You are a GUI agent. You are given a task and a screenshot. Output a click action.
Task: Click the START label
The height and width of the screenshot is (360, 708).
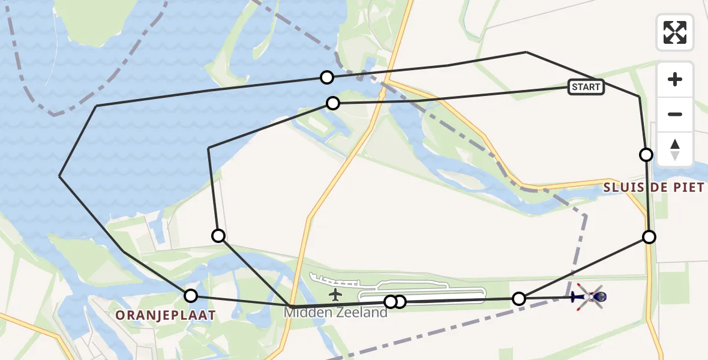586,87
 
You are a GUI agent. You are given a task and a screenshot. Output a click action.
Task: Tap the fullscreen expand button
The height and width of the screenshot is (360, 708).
675,32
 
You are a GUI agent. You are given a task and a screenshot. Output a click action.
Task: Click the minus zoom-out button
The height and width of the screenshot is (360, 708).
675,114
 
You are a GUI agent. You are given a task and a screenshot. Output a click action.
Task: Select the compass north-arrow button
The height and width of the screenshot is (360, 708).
675,149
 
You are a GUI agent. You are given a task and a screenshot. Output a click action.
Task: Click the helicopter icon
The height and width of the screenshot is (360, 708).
590,296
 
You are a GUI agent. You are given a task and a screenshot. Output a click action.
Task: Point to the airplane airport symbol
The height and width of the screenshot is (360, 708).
335,295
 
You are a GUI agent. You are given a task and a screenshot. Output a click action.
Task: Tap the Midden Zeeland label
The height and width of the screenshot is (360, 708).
335,313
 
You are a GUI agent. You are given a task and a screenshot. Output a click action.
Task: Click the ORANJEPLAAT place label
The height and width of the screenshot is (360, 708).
165,315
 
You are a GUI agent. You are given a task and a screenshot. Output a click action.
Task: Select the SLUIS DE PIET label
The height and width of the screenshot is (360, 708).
653,188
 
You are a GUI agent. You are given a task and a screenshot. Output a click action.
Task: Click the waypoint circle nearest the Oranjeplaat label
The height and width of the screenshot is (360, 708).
190,295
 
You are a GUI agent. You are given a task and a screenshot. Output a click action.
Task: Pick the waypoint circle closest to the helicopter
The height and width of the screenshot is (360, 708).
519,298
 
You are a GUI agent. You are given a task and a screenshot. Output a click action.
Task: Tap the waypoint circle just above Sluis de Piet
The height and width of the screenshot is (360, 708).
646,155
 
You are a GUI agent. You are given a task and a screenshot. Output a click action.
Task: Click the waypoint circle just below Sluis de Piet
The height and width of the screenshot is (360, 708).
649,236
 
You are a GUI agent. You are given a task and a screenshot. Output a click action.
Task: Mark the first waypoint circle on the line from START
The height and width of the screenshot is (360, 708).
332,103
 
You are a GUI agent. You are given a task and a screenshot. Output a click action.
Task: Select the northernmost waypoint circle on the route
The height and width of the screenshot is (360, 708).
326,77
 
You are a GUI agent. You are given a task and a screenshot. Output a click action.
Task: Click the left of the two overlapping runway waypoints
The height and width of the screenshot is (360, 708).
390,301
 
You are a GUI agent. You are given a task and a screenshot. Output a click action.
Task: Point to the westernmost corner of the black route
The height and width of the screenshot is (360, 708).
59,176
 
